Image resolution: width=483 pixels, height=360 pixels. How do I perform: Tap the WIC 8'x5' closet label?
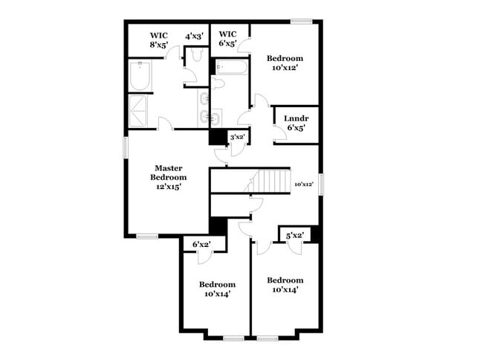(x=159, y=39)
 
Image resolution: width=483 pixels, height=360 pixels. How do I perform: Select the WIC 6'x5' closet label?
(x=227, y=39)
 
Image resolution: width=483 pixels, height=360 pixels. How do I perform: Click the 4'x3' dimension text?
(x=195, y=35)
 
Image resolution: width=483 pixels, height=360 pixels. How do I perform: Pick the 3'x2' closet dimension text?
(x=238, y=137)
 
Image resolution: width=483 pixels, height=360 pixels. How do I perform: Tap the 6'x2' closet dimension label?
(x=201, y=244)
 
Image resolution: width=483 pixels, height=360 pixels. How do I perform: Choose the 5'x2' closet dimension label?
(x=294, y=236)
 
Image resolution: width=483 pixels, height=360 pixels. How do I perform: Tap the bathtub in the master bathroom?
(x=140, y=77)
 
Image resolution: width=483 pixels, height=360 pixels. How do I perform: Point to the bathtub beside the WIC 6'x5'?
(x=231, y=69)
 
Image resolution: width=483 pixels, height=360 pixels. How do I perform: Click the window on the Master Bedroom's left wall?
(x=125, y=147)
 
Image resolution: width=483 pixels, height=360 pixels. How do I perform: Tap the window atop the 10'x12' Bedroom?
(x=301, y=21)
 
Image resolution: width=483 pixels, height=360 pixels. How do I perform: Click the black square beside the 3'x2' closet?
(x=218, y=138)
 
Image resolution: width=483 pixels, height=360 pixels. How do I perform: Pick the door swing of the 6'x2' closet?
(x=204, y=257)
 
